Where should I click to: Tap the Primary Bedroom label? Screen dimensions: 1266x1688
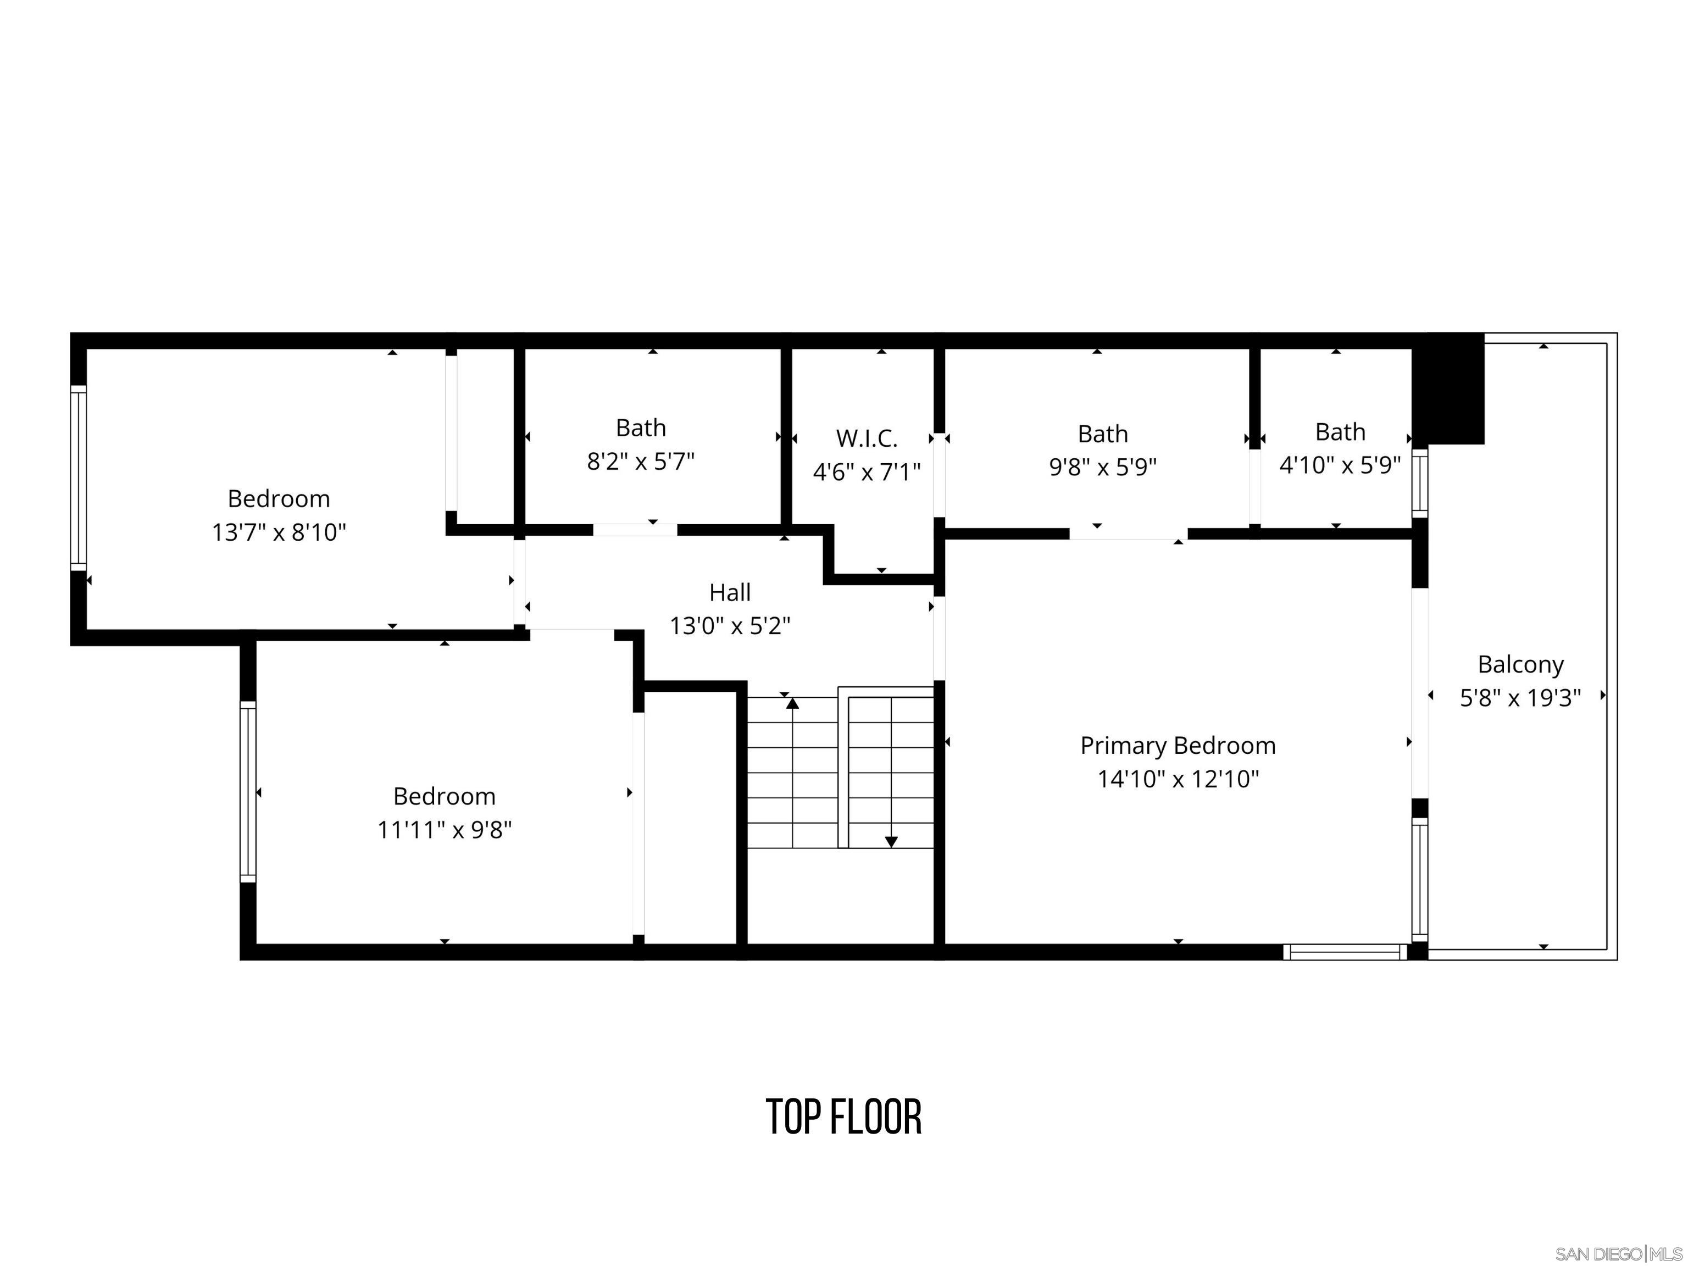point(1178,746)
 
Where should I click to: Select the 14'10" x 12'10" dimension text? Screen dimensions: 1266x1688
point(1178,779)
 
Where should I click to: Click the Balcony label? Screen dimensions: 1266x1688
point(1520,665)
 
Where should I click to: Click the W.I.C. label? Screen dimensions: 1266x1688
point(866,439)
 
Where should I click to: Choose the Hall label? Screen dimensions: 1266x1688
point(730,593)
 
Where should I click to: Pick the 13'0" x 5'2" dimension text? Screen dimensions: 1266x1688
point(730,626)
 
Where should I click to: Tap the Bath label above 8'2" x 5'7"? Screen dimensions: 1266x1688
point(640,428)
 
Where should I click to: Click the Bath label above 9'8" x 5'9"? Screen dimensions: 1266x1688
point(1102,434)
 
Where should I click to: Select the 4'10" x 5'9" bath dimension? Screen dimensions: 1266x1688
point(1340,465)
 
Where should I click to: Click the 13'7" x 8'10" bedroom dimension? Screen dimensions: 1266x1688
point(279,532)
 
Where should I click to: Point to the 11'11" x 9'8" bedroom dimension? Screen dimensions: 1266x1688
point(444,830)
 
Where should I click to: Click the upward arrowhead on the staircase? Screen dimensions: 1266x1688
point(792,703)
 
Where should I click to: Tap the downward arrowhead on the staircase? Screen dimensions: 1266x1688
point(891,842)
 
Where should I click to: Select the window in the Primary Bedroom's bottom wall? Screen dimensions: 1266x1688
point(1345,952)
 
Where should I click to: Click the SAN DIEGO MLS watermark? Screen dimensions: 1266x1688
point(1618,1254)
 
